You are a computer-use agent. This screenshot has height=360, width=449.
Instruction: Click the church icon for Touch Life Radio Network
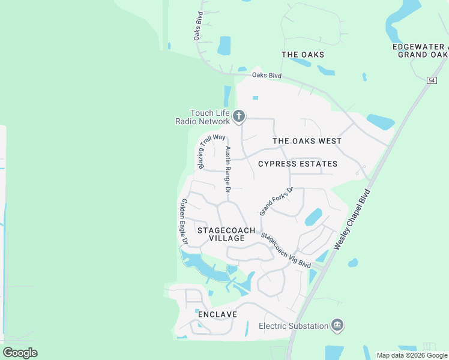(x=239, y=116)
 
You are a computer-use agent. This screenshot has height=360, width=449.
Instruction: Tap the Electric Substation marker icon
(x=337, y=326)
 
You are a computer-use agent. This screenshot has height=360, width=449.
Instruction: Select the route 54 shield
(x=432, y=80)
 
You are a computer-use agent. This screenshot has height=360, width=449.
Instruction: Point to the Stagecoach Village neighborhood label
(x=226, y=234)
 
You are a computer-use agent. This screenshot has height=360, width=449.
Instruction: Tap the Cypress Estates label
(x=298, y=164)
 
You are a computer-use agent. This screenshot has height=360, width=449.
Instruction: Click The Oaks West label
(x=307, y=141)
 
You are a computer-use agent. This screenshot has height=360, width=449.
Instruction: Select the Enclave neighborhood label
(x=217, y=314)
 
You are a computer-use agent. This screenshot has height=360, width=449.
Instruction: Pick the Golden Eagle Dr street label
(x=185, y=221)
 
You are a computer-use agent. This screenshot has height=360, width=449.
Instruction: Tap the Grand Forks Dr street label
(x=276, y=201)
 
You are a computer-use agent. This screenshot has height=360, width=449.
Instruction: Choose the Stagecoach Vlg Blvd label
(x=286, y=251)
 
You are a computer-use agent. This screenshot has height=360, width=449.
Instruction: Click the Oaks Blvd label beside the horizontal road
(x=267, y=75)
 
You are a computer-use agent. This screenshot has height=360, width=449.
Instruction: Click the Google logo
(x=20, y=353)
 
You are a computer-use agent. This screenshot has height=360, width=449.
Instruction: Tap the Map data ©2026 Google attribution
(x=412, y=355)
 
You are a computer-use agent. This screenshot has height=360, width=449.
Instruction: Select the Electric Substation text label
(x=294, y=326)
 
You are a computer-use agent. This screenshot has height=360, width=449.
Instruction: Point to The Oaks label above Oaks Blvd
(x=303, y=55)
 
